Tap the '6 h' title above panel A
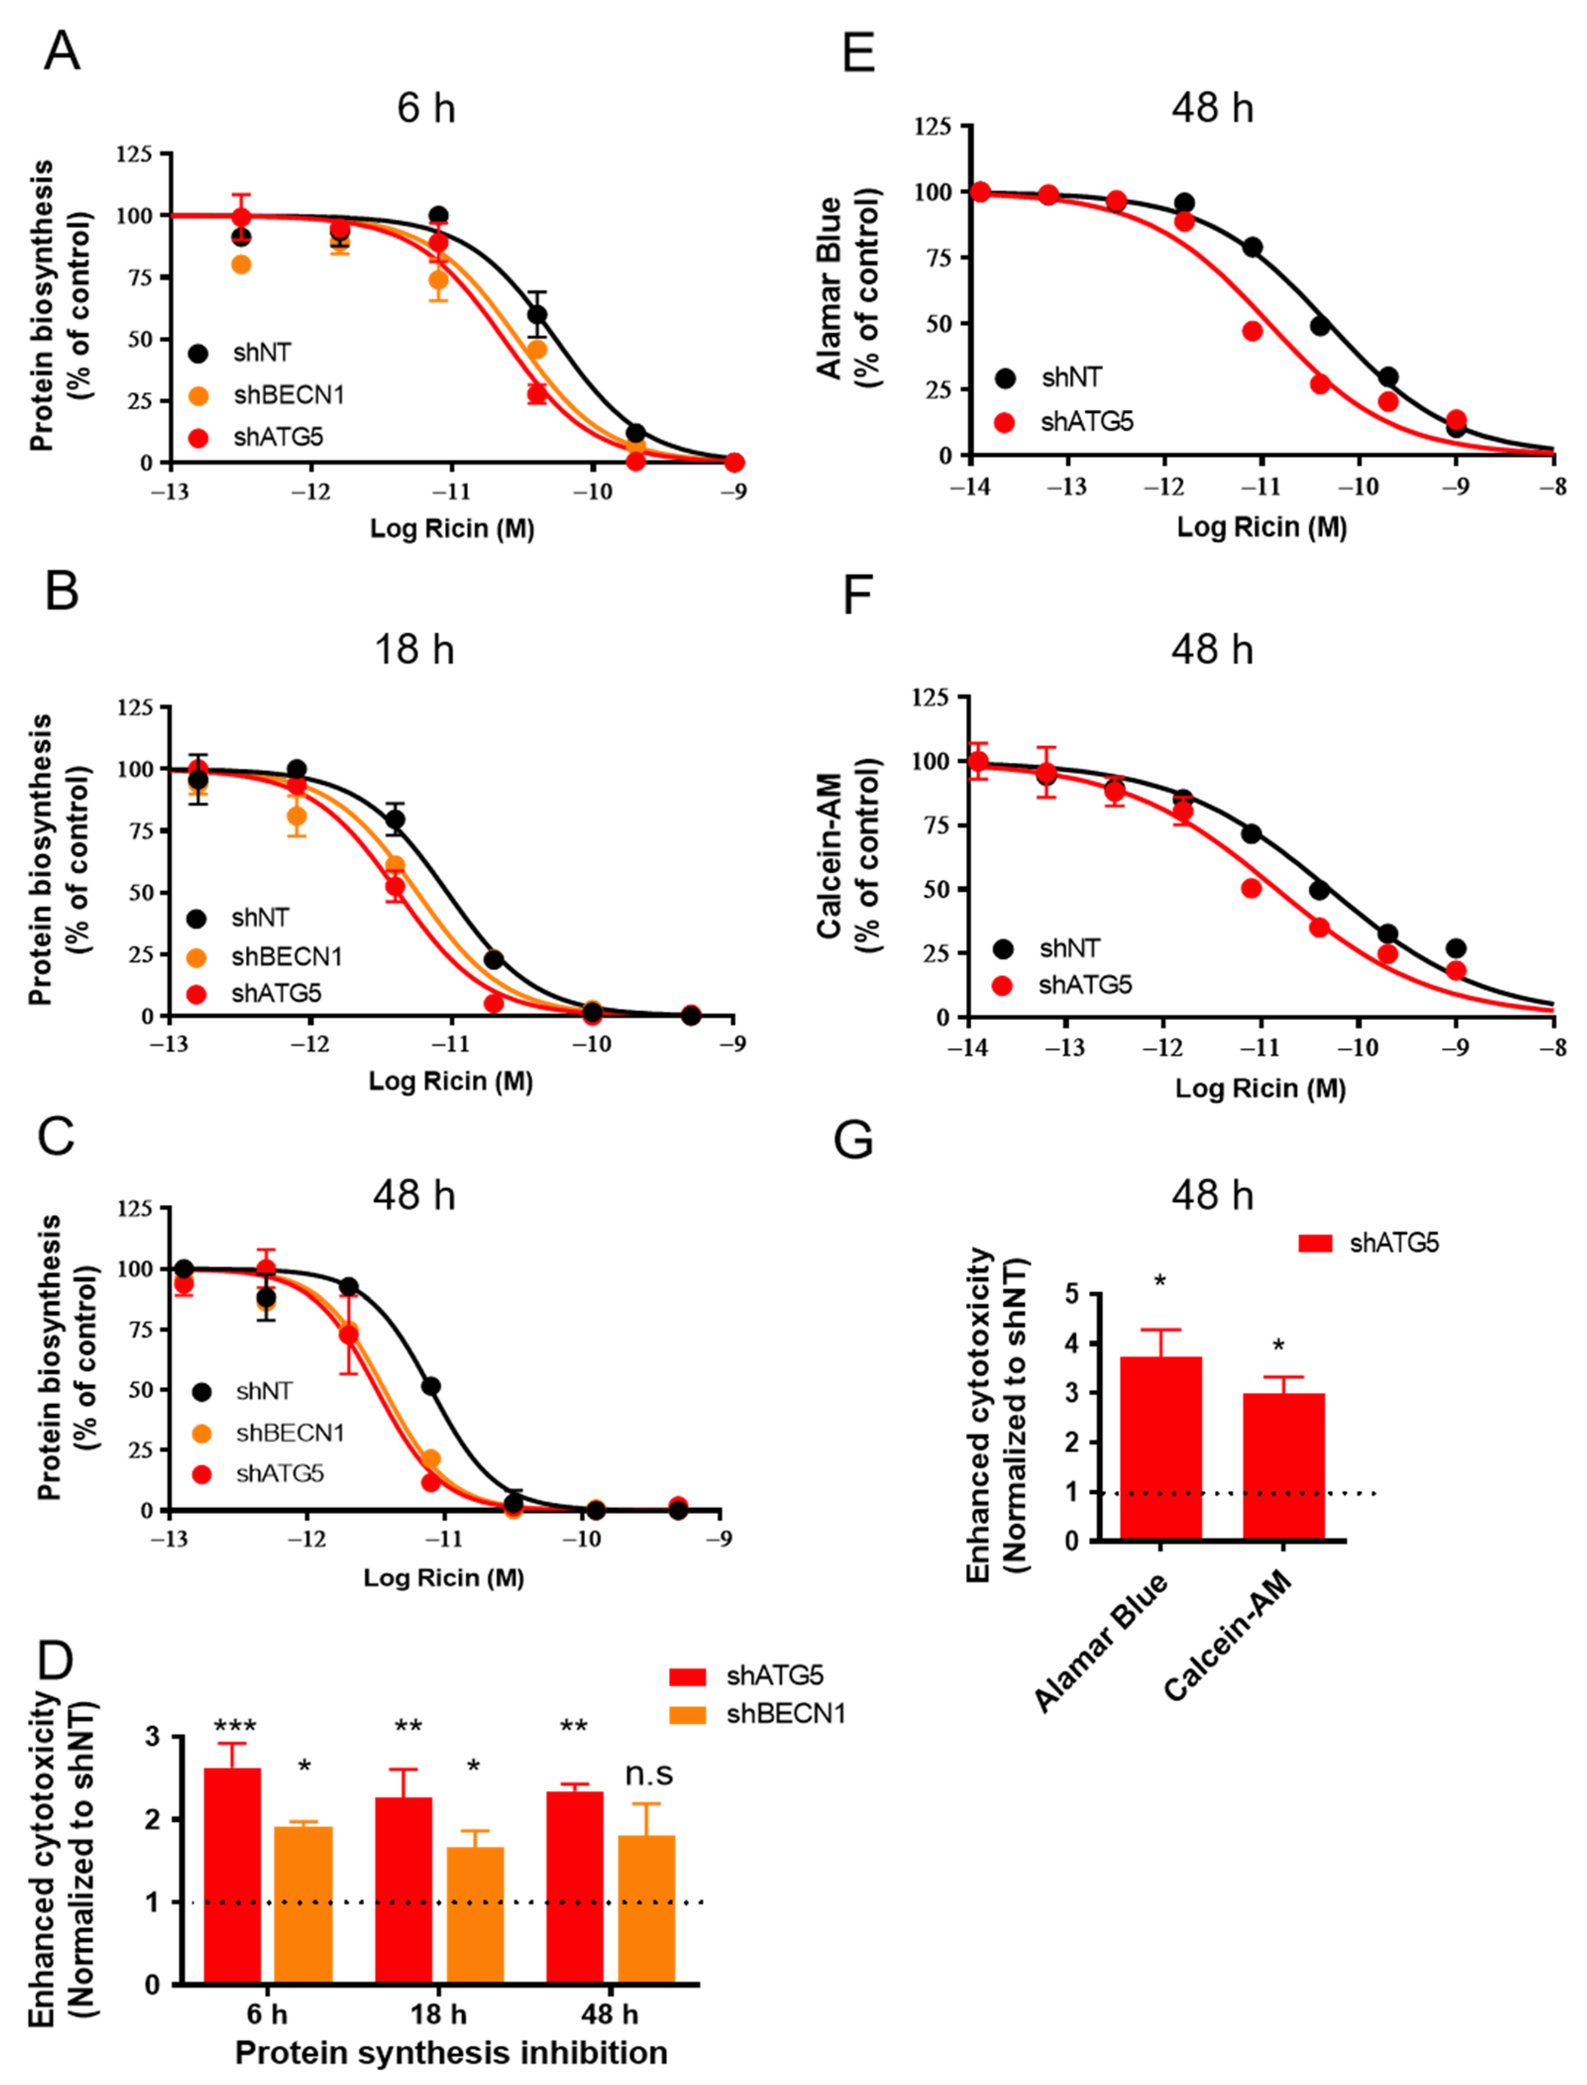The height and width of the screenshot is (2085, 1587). tap(426, 109)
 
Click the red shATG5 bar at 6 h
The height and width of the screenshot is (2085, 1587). tap(232, 1875)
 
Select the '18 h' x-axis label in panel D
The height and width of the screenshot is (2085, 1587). tap(438, 2014)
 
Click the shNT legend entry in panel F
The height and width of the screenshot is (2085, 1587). tap(1069, 947)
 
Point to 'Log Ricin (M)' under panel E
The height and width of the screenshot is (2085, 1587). tap(1261, 527)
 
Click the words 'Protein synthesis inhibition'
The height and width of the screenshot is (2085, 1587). tap(452, 2053)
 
